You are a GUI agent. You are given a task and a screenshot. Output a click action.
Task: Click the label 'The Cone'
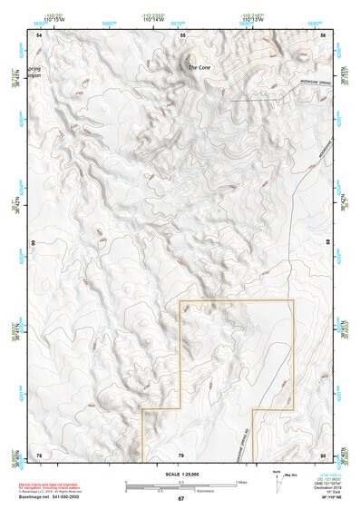coord(199,68)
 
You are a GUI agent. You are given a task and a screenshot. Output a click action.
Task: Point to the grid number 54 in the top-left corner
coord(39,34)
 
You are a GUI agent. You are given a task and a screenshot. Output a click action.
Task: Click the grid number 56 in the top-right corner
coord(324,34)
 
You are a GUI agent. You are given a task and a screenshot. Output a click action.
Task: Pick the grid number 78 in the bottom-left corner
coord(38,454)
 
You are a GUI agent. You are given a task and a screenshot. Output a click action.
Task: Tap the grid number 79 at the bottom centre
coord(180,454)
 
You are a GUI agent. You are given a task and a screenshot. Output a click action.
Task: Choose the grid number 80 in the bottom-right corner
coord(324,454)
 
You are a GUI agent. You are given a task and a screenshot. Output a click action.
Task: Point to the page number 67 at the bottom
coord(180,499)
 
